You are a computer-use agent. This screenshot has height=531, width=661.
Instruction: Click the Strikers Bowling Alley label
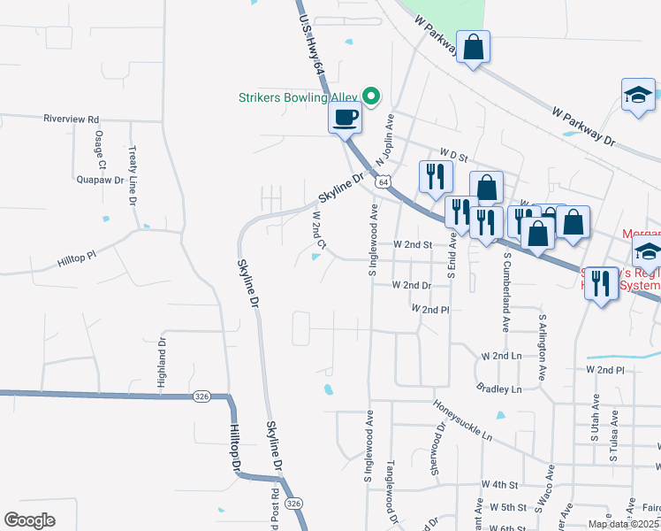tap(299, 97)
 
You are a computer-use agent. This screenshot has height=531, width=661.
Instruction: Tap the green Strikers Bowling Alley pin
tap(372, 96)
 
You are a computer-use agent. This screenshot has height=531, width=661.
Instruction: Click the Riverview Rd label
tap(72, 118)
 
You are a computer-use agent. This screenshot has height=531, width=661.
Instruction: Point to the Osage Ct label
tap(100, 149)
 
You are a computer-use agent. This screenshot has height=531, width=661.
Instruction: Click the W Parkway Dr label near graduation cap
tap(582, 127)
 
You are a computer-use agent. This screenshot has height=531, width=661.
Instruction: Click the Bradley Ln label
tap(498, 389)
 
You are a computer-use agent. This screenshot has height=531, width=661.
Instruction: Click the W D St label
tap(453, 156)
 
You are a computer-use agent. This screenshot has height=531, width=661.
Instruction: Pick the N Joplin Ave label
tap(385, 141)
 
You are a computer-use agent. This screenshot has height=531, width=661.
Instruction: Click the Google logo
tap(28, 520)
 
